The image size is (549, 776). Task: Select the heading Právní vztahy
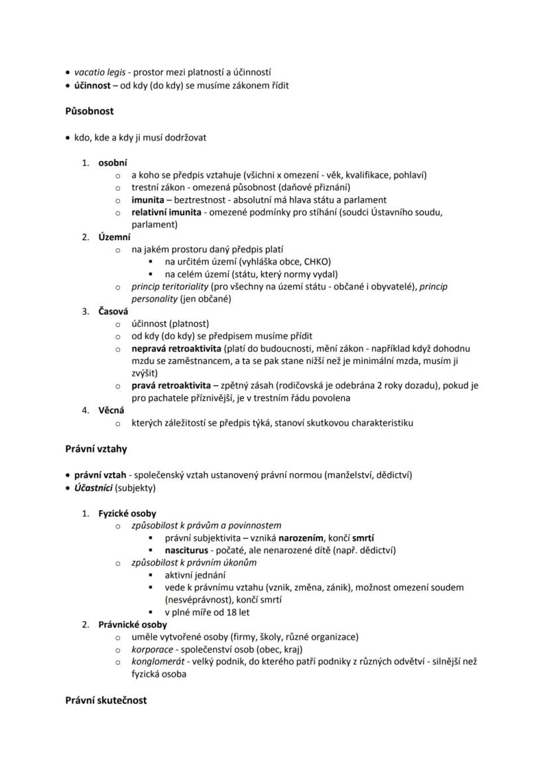click(96, 449)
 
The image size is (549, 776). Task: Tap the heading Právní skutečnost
click(106, 700)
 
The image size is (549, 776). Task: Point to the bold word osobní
click(113, 162)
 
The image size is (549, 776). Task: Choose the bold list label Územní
click(115, 237)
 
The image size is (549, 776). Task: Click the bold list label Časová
click(113, 311)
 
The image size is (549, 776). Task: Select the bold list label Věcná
click(112, 410)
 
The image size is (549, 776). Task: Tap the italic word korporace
click(151, 649)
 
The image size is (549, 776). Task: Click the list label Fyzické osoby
click(127, 513)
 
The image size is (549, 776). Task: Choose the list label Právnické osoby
click(133, 624)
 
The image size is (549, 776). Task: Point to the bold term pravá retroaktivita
click(170, 385)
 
